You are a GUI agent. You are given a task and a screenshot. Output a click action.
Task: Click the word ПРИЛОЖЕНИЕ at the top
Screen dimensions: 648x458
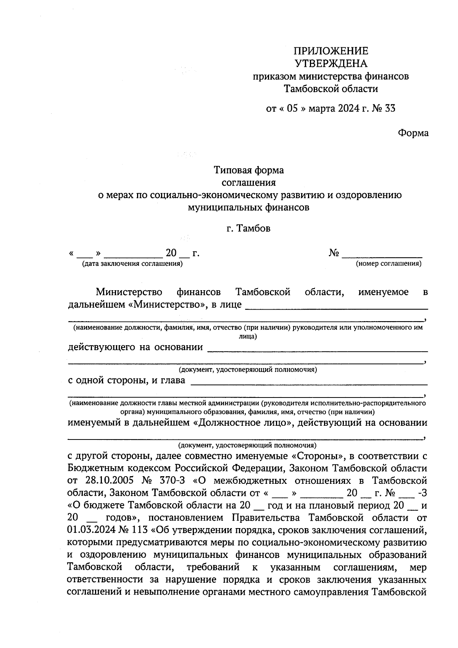(331, 51)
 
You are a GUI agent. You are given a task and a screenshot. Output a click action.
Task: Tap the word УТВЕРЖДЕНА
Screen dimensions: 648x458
(331, 63)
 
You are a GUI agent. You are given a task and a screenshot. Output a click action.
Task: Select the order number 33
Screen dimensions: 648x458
(390, 109)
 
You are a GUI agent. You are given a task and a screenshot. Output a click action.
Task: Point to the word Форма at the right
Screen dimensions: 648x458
(413, 133)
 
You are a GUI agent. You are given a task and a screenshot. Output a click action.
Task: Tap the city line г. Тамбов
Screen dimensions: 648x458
(248, 229)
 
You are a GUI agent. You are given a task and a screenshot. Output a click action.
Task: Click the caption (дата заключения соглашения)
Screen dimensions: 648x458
(132, 263)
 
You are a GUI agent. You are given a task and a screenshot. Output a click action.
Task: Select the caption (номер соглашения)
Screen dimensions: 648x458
(389, 263)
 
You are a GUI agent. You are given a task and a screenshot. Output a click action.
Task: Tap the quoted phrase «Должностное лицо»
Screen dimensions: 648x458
(241, 423)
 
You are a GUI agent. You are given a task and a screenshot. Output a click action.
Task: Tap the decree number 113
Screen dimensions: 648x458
(139, 530)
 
